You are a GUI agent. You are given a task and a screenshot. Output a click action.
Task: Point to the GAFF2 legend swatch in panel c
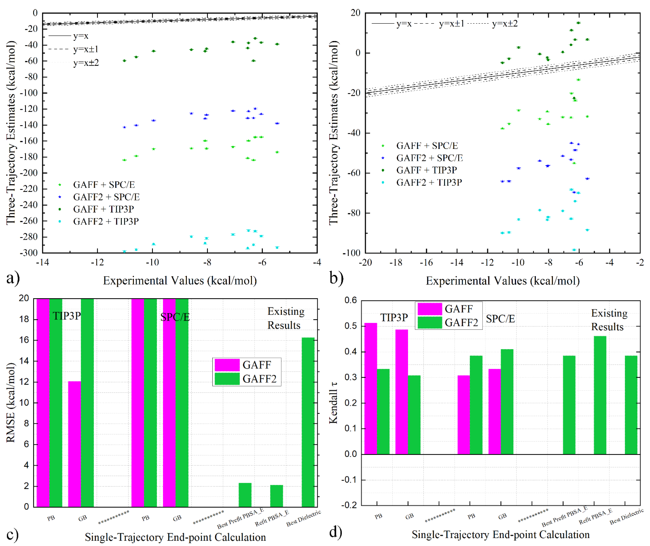point(227,379)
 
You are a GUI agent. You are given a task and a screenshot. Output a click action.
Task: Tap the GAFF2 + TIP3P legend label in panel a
point(106,221)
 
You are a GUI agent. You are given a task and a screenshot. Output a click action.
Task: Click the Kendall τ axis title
point(333,402)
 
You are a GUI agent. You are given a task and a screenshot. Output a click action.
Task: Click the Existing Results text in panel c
point(286,318)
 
